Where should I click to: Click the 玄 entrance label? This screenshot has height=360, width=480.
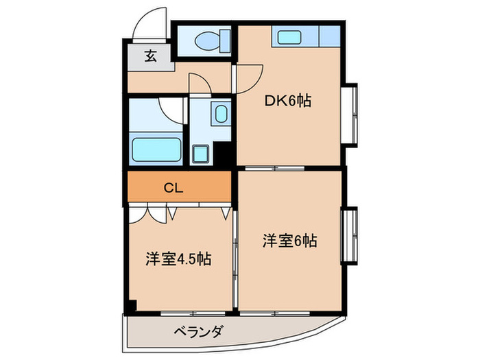pyautogui.click(x=150, y=56)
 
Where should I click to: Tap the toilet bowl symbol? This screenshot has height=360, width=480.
pyautogui.click(x=205, y=42)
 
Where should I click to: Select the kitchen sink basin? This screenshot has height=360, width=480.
pyautogui.click(x=285, y=36)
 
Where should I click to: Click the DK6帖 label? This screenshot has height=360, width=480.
pyautogui.click(x=289, y=101)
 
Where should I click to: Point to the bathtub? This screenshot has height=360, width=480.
pyautogui.click(x=156, y=148)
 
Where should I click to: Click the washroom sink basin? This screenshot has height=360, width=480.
pyautogui.click(x=220, y=113)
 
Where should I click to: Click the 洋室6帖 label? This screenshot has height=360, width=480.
pyautogui.click(x=289, y=241)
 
